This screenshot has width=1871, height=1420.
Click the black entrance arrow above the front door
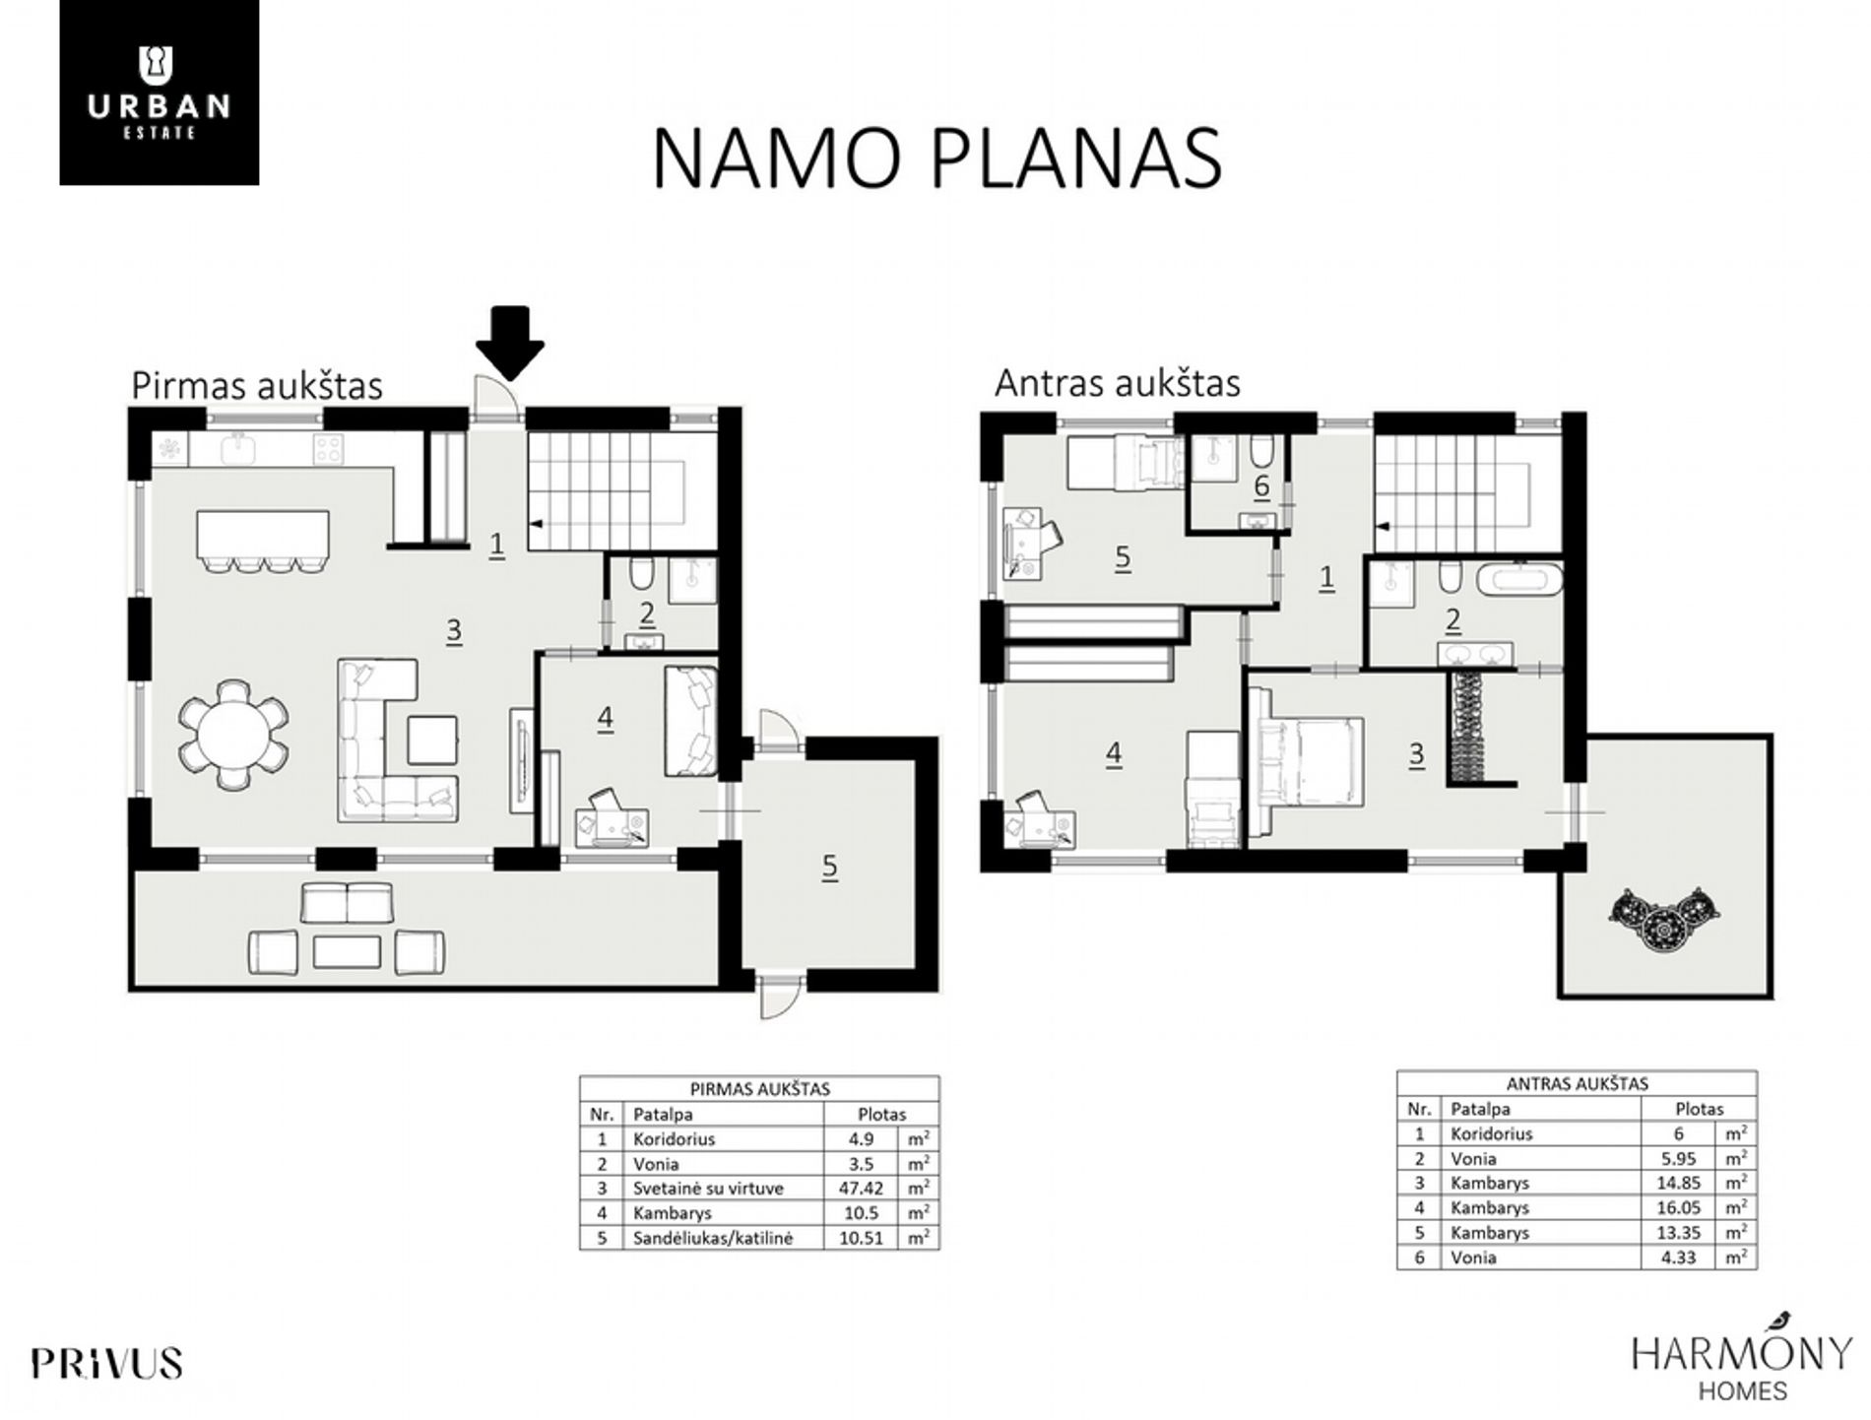coord(509,343)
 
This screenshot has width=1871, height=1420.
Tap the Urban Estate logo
coord(160,93)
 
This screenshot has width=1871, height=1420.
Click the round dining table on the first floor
coord(234,733)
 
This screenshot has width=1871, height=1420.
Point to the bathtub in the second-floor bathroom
coord(1518,578)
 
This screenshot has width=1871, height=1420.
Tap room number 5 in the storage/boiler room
coord(829,867)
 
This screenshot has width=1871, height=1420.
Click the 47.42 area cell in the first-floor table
coord(861,1189)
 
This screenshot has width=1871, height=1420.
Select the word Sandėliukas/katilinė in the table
coord(712,1238)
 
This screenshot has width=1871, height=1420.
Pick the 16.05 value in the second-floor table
coord(1678,1207)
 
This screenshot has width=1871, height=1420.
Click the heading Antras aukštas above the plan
coord(1117,382)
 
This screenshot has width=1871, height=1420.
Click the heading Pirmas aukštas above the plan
coord(257,385)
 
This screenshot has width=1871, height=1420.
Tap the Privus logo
coord(106,1363)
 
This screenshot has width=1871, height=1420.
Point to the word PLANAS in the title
coord(1075,158)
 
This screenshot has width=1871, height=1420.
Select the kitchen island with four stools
coord(262,540)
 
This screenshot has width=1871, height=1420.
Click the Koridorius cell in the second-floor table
coord(1491,1133)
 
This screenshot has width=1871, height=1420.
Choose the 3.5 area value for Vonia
coord(861,1164)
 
